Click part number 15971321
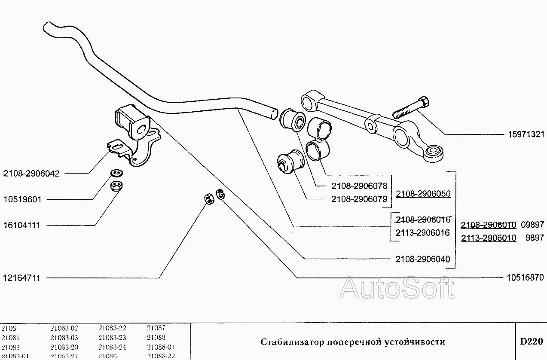coord(523,134)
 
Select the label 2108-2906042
coord(31,174)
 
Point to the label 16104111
coord(21,226)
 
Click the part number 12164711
coord(21,278)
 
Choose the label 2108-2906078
coord(359,186)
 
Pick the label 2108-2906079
coord(359,199)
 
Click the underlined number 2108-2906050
coord(423,194)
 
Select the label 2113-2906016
coord(422,233)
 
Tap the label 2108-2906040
coord(422,259)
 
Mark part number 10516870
coord(523,278)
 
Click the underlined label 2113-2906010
coord(489,238)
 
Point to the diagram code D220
coord(531,342)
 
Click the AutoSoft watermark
coord(396,288)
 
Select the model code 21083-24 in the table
coord(112,347)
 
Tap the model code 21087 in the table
coord(156,328)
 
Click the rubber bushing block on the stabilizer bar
coord(132,122)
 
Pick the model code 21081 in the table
coord(10,338)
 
